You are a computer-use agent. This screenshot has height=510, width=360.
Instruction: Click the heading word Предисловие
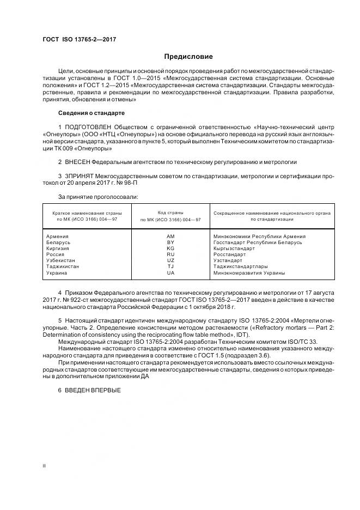click(x=188, y=57)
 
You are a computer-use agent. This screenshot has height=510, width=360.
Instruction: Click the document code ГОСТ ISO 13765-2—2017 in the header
click(x=80, y=40)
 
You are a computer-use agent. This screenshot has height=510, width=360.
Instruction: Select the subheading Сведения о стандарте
click(x=91, y=113)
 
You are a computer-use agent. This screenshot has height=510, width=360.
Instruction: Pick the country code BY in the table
click(x=170, y=242)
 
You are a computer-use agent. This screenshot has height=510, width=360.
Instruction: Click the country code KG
click(x=170, y=248)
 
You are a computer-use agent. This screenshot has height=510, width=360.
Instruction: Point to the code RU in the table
click(x=170, y=254)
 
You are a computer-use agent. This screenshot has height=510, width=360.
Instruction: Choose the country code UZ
click(x=170, y=260)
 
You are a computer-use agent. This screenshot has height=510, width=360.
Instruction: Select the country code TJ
click(x=170, y=266)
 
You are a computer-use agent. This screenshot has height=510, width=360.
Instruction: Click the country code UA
click(x=170, y=272)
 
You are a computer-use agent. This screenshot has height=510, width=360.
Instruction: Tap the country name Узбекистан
click(x=63, y=260)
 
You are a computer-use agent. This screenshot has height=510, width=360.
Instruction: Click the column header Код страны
click(x=170, y=212)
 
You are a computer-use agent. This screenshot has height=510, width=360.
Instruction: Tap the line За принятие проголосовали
click(x=98, y=196)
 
